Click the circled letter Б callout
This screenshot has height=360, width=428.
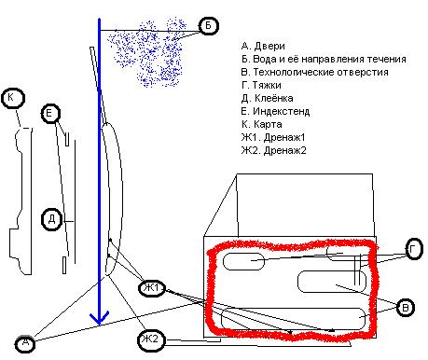tap(209, 25)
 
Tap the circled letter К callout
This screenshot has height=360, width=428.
tap(13, 98)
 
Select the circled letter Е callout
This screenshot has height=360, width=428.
tap(50, 114)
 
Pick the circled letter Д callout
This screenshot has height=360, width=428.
tap(51, 219)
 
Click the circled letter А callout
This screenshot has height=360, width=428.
tap(25, 343)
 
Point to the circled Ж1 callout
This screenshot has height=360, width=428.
tap(152, 288)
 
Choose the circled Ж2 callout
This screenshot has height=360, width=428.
tap(151, 339)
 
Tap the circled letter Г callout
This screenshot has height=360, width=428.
tap(414, 249)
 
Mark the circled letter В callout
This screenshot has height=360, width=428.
tap(406, 307)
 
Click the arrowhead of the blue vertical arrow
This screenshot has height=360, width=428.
tap(99, 319)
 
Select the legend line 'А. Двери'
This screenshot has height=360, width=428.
tap(263, 46)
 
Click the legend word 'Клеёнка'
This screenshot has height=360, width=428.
tap(274, 98)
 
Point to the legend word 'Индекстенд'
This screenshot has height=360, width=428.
tap(281, 111)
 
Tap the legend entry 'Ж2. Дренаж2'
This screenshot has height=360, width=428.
tap(273, 150)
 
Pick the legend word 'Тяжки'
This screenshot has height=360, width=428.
tap(267, 85)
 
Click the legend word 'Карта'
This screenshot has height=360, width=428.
tap(268, 124)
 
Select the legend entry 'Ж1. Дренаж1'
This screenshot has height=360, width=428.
tap(273, 137)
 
